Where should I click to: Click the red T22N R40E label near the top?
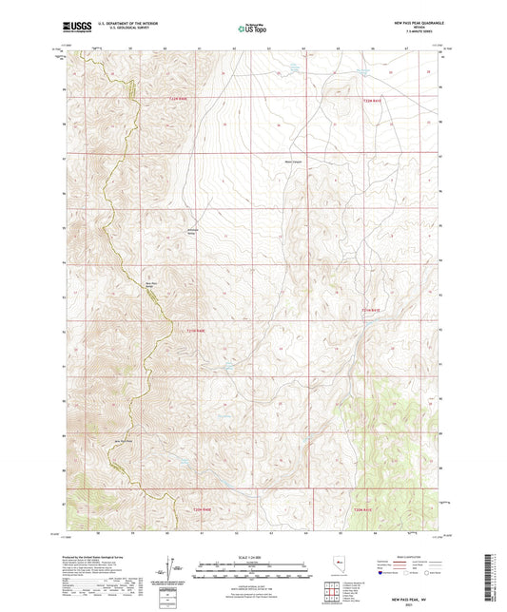(181, 98)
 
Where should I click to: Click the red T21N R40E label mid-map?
(188, 330)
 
